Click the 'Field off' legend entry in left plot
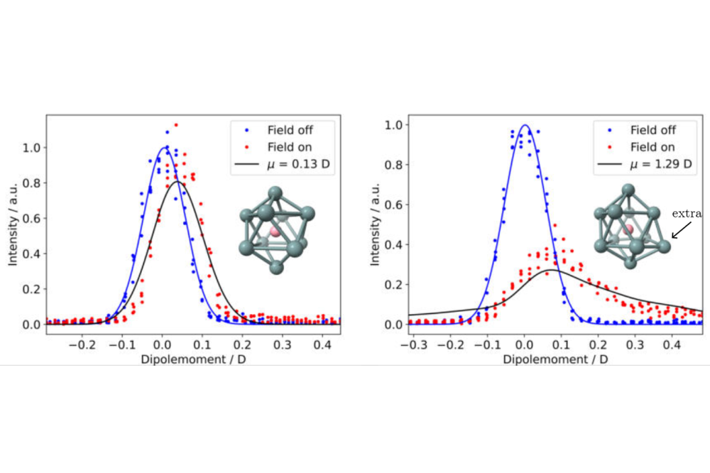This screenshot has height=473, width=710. tap(290, 130)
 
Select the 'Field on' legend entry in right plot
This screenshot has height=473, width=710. tap(652, 147)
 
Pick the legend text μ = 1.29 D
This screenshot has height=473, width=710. tap(652, 165)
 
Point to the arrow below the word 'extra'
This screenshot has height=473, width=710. tap(681, 229)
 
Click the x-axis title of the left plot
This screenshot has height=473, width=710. tap(192, 359)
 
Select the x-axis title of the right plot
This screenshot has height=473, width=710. tap(556, 359)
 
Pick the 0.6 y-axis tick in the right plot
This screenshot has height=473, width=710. tap(392, 205)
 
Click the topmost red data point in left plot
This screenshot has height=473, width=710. tap(175, 125)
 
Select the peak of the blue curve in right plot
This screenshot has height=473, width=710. tap(525, 126)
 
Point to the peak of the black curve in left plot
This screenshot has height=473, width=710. tap(177, 182)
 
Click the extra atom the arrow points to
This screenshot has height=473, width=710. tap(663, 246)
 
